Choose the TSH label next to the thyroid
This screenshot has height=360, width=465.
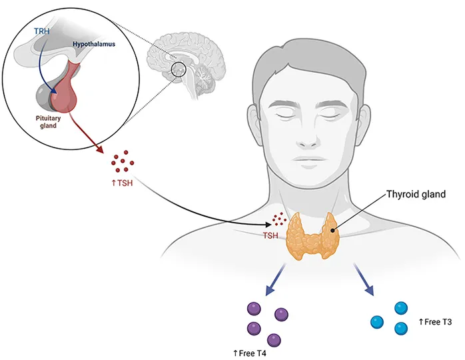pyautogui.click(x=270, y=235)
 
